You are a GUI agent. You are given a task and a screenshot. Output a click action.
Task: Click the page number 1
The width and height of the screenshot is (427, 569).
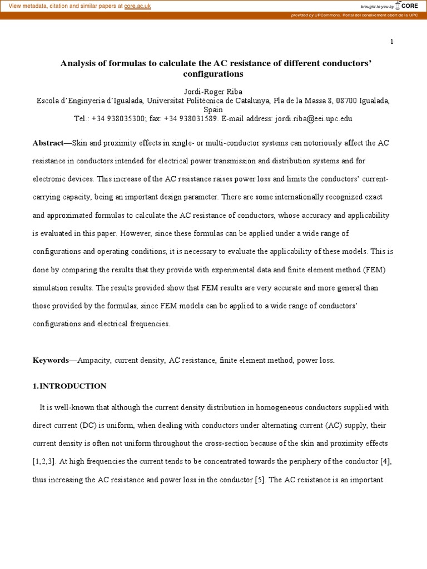(391, 42)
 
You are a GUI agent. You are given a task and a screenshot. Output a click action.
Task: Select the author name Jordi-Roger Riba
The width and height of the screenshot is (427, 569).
(213, 91)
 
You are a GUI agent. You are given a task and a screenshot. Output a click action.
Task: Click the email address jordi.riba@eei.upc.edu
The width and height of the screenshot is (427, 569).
(312, 118)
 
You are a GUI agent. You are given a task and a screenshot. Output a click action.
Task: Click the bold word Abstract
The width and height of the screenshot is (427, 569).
(49, 143)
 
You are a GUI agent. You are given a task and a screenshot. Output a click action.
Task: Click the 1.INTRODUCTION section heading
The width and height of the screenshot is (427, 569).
(69, 386)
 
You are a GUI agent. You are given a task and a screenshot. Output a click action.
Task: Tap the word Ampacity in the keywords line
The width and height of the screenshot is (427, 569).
(93, 360)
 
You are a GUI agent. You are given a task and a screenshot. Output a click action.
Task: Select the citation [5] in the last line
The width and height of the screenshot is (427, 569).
(260, 480)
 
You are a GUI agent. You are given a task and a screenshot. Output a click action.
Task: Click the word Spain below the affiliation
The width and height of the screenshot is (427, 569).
(213, 110)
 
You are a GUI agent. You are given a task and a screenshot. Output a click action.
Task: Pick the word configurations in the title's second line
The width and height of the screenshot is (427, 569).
(213, 73)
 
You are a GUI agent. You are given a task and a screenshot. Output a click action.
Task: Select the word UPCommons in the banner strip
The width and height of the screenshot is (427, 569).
(325, 15)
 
